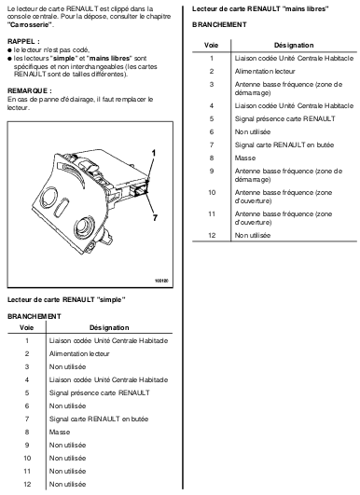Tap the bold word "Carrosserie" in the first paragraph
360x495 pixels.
[31, 25]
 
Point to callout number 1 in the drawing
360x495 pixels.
[154, 154]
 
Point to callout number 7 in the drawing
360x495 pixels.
[155, 218]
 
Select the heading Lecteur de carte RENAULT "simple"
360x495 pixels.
[66, 299]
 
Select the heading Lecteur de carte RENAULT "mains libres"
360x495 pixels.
[260, 8]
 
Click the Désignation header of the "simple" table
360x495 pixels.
[109, 328]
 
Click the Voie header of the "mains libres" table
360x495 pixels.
[212, 45]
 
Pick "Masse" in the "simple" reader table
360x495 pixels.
[60, 432]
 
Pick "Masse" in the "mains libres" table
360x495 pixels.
[245, 158]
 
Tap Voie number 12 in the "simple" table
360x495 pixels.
[27, 484]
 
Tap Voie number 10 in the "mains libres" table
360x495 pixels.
[212, 192]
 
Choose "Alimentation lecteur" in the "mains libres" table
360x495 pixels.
[265, 72]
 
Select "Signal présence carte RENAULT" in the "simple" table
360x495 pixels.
[100, 392]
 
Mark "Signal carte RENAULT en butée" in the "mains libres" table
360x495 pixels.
[284, 144]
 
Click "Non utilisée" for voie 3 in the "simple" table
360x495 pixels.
[67, 367]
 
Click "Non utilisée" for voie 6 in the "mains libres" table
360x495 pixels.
[253, 131]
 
